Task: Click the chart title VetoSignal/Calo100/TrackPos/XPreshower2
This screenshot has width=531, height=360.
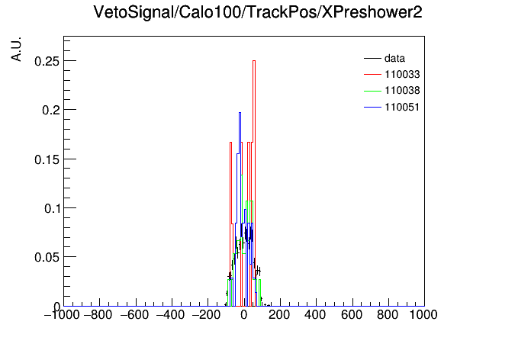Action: tap(258, 12)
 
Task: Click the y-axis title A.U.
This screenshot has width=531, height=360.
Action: tap(16, 49)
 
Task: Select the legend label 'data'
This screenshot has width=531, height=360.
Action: tap(394, 58)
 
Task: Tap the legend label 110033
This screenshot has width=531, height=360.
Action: tap(402, 74)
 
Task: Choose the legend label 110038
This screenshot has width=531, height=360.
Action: tap(402, 91)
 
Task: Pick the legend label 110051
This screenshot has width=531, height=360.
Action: tap(402, 107)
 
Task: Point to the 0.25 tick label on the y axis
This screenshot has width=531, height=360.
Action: tap(47, 61)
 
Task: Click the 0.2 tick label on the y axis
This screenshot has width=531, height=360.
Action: tap(50, 110)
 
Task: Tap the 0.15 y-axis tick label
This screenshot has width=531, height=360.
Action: tap(47, 159)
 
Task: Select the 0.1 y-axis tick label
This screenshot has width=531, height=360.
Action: tap(51, 208)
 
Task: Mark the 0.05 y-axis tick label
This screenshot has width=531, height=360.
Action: tap(47, 257)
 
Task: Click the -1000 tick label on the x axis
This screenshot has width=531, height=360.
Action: tap(62, 315)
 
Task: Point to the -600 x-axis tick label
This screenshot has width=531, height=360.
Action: tap(135, 315)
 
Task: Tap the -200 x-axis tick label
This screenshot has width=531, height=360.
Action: tap(207, 315)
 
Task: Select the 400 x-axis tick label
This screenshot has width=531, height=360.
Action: tap(315, 315)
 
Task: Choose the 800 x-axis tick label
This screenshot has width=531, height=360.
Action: tap(388, 315)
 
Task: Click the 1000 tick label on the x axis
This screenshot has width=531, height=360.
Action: tap(423, 315)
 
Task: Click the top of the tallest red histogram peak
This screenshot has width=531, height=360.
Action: tap(254, 60)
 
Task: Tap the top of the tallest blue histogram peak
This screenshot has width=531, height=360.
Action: tap(240, 112)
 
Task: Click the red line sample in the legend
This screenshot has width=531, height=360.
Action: tap(372, 74)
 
